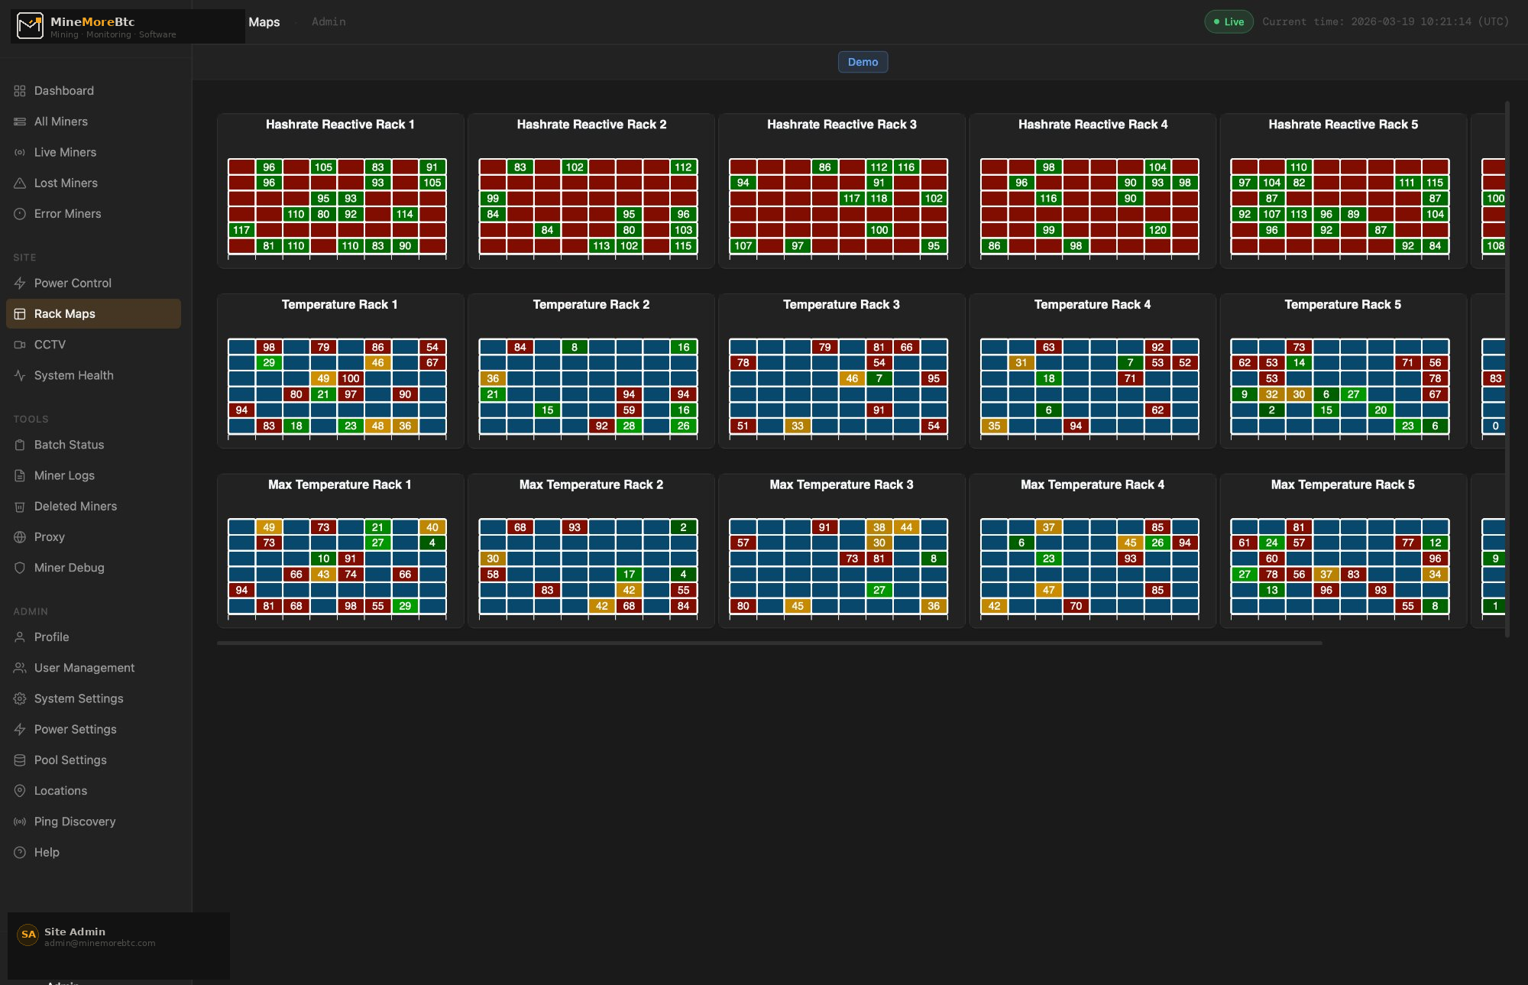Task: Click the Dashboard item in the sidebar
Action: (x=63, y=91)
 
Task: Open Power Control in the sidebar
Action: (x=73, y=284)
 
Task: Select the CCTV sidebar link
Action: (x=50, y=345)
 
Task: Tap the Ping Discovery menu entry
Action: (x=74, y=821)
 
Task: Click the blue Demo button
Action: (x=863, y=62)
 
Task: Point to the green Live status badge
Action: (x=1229, y=21)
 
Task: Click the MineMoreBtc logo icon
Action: (x=30, y=26)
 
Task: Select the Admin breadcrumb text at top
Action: (x=329, y=22)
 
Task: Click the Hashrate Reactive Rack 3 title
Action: (x=841, y=125)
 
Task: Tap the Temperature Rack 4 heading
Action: (x=1092, y=305)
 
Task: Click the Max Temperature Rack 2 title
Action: (x=591, y=484)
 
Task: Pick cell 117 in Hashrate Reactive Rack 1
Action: (x=241, y=230)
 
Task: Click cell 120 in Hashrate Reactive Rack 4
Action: (x=1157, y=230)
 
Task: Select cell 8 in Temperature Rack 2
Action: (x=575, y=347)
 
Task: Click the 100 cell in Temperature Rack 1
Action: (x=351, y=378)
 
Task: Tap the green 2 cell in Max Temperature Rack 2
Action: (x=683, y=527)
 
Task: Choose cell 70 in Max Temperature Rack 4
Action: (x=1076, y=606)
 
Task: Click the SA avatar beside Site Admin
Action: (x=28, y=935)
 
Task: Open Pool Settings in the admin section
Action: (x=70, y=760)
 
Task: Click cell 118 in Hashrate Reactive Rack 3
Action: (x=879, y=199)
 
